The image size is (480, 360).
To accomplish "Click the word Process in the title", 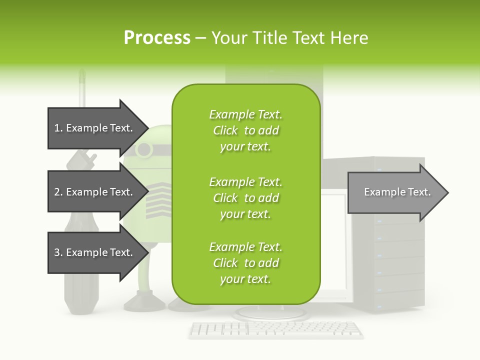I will tap(157, 37).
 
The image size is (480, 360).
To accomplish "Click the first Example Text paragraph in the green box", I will tap(245, 130).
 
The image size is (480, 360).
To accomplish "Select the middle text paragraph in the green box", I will tap(245, 197).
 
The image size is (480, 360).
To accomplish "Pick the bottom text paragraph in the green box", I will tap(245, 263).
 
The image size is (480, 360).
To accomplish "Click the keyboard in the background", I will tap(276, 329).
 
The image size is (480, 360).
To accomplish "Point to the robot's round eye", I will tap(144, 149).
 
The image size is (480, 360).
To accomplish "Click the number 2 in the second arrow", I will tap(57, 192).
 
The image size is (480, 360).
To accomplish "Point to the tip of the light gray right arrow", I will tap(447, 192).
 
